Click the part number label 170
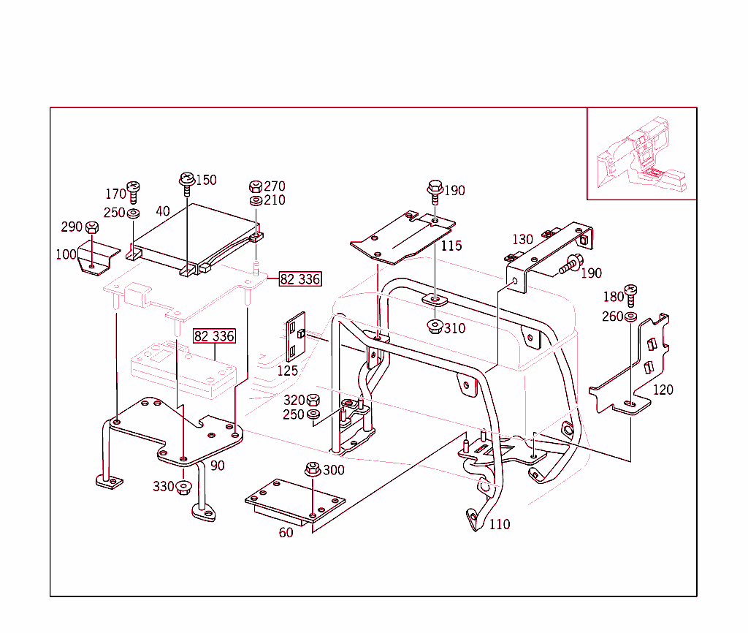coord(115,194)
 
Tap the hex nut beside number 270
coord(256,186)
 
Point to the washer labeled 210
coord(256,200)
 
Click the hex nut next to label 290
coord(92,227)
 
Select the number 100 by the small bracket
coord(66,255)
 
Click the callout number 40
coord(162,211)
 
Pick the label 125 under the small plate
coord(287,371)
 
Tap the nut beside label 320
coord(313,400)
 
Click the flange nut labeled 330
coord(183,487)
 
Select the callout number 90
coord(218,466)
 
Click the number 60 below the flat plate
coord(286,533)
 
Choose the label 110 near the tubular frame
coord(500,524)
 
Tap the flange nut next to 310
coord(434,327)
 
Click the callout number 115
coord(451,246)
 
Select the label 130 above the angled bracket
coord(522,240)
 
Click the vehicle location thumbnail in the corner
coord(641,153)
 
